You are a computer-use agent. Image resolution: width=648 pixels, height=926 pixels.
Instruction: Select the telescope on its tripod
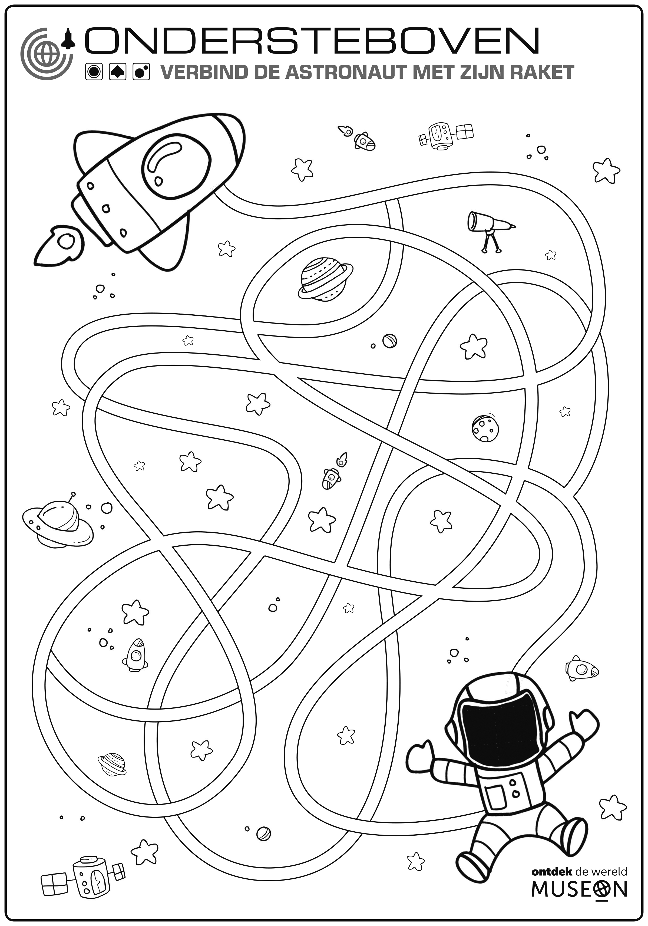pyautogui.click(x=490, y=231)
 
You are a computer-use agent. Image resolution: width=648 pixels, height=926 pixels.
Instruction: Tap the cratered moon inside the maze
pyautogui.click(x=485, y=428)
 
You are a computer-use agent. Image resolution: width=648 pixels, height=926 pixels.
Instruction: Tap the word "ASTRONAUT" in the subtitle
pyautogui.click(x=346, y=72)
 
